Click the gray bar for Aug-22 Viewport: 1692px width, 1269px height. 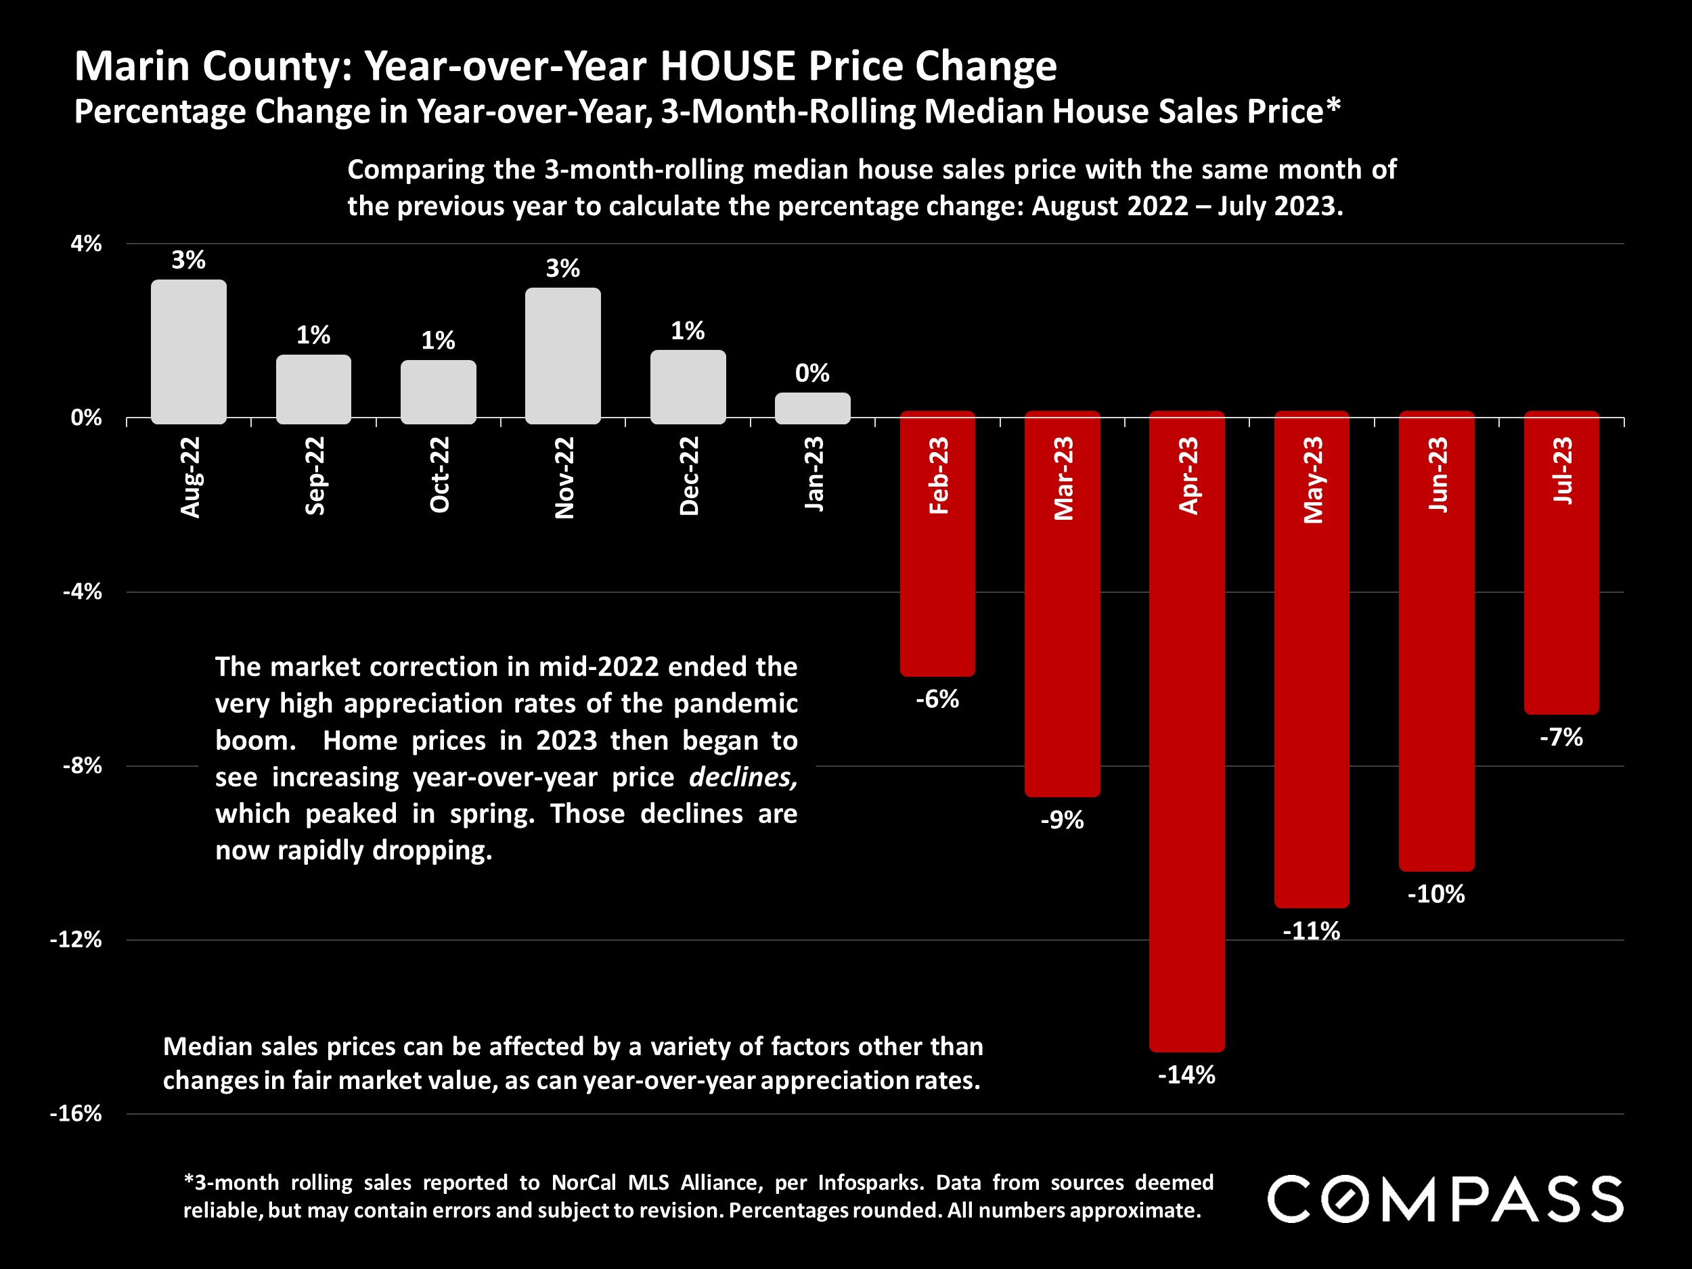[188, 352]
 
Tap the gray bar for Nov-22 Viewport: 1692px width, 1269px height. [563, 356]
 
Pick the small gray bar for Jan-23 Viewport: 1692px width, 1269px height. [812, 407]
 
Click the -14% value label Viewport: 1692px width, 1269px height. [1186, 1075]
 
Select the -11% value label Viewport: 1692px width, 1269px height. [1311, 931]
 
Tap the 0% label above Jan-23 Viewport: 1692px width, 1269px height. [812, 374]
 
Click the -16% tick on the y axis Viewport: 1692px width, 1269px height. [76, 1113]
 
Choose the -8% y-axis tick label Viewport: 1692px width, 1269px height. [82, 765]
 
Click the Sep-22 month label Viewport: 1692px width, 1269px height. [315, 475]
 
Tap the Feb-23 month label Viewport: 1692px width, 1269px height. [938, 475]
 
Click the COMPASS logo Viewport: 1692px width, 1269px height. [1445, 1199]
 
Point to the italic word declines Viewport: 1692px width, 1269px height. [742, 777]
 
